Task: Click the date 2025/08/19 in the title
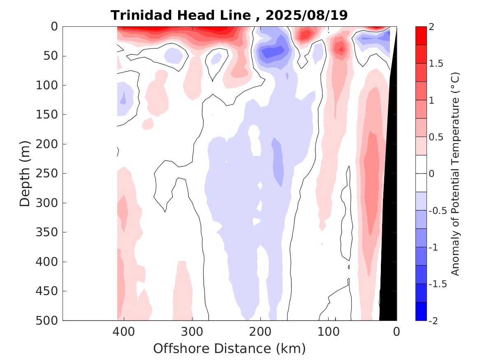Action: pos(306,15)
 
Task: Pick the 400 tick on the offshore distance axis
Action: pos(124,331)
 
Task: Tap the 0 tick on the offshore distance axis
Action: pos(397,331)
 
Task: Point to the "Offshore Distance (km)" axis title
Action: pos(230,348)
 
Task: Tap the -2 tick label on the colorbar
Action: pos(433,321)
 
